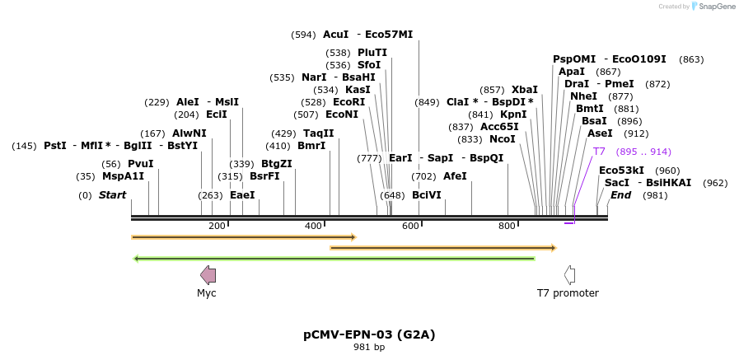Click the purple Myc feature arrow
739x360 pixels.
(x=208, y=275)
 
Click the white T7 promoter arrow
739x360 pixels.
(x=568, y=275)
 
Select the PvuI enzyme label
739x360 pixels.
(x=140, y=163)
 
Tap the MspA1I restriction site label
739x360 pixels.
(x=123, y=176)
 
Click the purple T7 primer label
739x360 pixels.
(x=599, y=152)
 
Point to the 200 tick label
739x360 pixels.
(x=217, y=227)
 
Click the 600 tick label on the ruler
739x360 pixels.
(x=410, y=227)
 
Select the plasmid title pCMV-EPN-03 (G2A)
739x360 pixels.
(x=369, y=334)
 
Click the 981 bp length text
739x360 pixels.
(x=369, y=347)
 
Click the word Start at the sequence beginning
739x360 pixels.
(x=112, y=195)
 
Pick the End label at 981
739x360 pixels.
(x=620, y=195)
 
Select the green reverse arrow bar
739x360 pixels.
(x=334, y=259)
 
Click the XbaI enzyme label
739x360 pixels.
(x=524, y=90)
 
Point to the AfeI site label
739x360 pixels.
(x=455, y=176)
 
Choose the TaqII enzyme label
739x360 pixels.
(x=318, y=133)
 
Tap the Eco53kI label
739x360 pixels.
(x=621, y=171)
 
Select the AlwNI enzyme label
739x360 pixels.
(x=189, y=133)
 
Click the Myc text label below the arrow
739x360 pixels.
(x=207, y=293)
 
